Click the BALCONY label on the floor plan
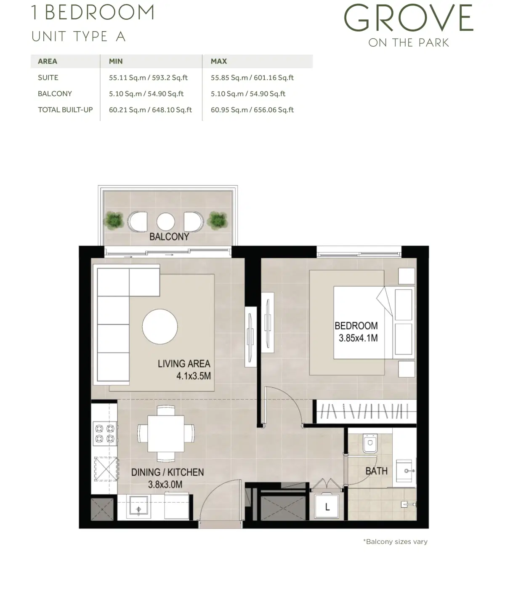[x=169, y=237]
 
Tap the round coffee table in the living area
[x=160, y=327]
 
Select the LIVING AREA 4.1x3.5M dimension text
[x=184, y=369]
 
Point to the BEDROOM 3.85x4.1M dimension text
[x=356, y=331]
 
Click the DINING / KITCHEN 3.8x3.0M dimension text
[x=167, y=478]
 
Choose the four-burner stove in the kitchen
[x=104, y=434]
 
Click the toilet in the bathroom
[x=370, y=443]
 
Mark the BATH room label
[x=376, y=471]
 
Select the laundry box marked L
[x=327, y=506]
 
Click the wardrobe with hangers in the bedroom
[x=364, y=411]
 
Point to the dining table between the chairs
[x=166, y=433]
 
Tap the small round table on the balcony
[x=165, y=221]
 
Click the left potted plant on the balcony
[x=114, y=220]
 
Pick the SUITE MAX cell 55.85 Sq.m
[x=252, y=77]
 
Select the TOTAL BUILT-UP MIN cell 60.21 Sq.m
[x=150, y=110]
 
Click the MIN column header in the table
[x=116, y=61]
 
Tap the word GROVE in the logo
[x=409, y=19]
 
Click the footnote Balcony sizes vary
[x=395, y=541]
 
